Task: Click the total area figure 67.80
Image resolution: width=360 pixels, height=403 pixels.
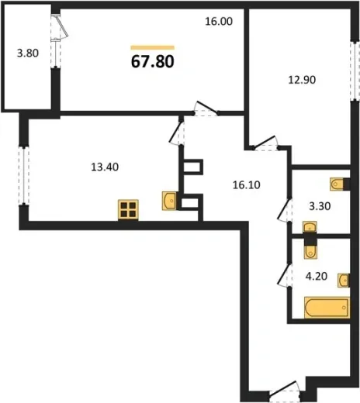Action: point(153,61)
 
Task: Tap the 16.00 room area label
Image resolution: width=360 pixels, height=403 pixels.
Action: point(219,21)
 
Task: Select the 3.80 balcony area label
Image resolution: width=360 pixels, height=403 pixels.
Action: point(28,53)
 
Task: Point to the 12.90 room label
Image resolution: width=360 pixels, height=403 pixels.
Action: point(302,80)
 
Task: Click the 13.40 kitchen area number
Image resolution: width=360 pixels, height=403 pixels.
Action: point(105,167)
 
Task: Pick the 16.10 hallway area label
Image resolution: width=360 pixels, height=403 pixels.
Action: point(246,185)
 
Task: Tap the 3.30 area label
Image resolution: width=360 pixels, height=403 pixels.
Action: point(320,206)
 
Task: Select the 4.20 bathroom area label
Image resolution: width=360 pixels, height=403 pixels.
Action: point(317,276)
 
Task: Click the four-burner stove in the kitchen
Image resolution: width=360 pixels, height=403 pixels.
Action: point(128,210)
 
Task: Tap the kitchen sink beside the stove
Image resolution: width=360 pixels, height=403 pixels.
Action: point(169,201)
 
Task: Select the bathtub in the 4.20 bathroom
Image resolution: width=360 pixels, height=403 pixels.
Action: point(327,308)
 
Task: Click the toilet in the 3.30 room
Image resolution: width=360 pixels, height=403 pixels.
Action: point(337,184)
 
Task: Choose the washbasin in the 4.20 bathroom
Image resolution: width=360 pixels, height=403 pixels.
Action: point(344,281)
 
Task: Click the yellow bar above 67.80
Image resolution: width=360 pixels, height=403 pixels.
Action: point(153,47)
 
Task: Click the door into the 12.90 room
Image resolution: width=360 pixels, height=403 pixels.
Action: point(265,143)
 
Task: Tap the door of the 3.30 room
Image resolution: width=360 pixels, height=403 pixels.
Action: point(284,210)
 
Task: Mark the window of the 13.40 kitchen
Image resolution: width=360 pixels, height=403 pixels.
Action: point(24,176)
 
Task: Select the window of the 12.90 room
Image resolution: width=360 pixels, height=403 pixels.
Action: point(355,71)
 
